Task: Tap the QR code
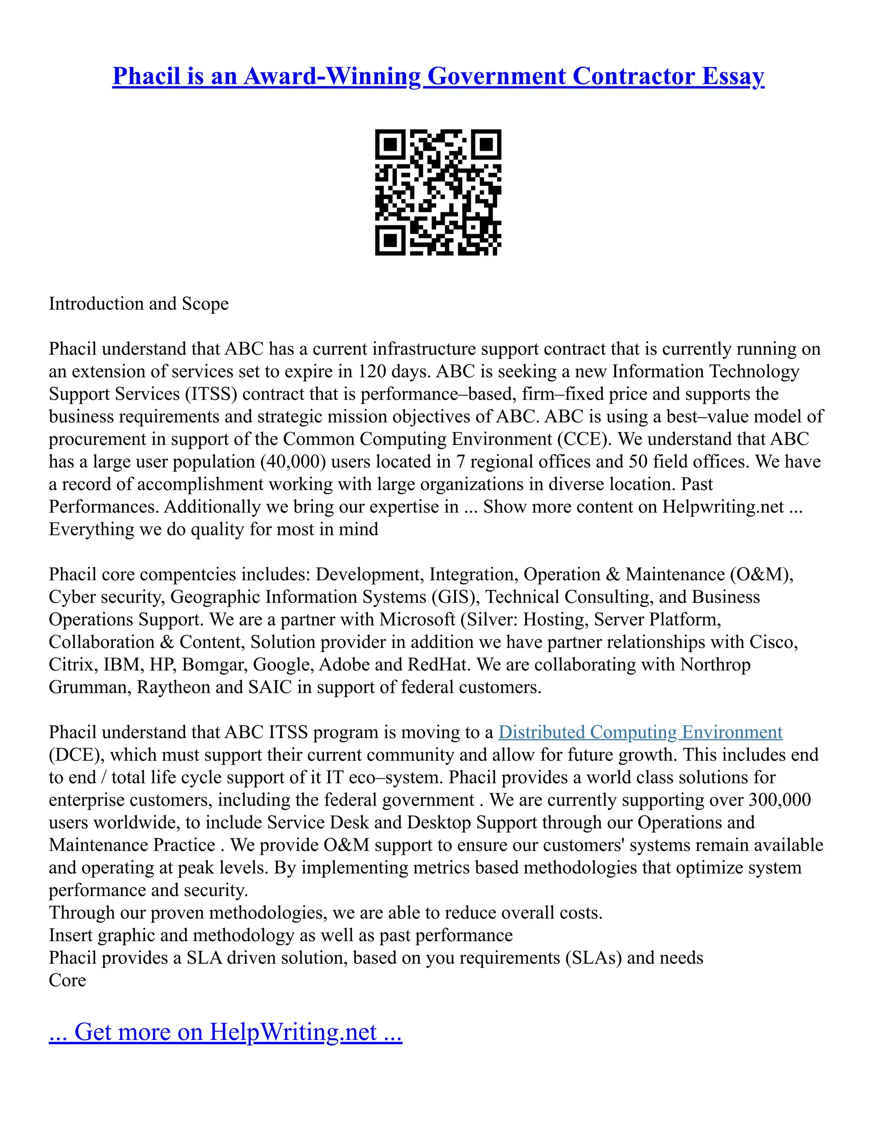(438, 192)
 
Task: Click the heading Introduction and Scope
(139, 304)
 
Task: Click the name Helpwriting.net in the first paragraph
(723, 507)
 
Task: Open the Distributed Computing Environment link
(640, 732)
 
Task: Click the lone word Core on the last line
(68, 980)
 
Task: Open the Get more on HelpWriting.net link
(225, 1032)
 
